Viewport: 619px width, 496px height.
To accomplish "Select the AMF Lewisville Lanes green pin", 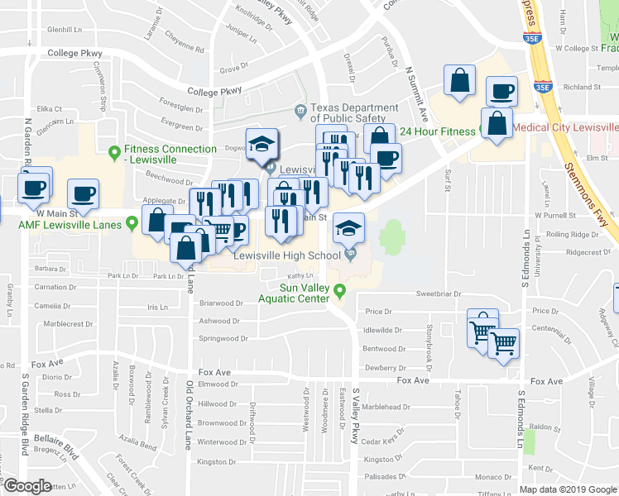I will point(132,224).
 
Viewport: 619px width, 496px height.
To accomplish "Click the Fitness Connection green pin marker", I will point(114,150).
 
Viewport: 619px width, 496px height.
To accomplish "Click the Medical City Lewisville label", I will point(566,128).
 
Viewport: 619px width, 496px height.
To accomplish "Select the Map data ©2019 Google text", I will point(568,489).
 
